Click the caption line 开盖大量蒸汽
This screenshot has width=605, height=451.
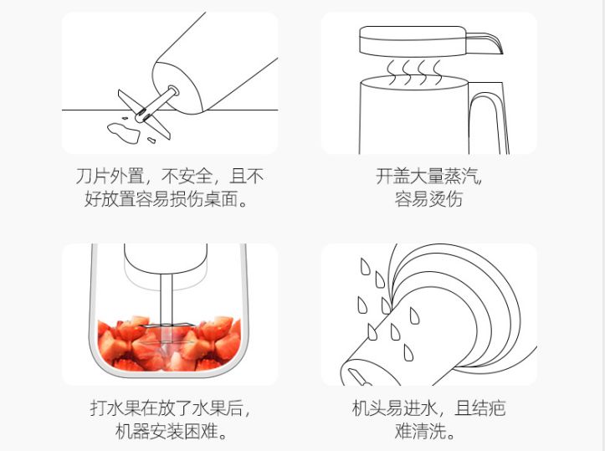[428, 177]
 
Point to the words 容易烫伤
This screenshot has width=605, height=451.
[428, 200]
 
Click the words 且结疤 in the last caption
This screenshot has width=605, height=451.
[481, 409]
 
